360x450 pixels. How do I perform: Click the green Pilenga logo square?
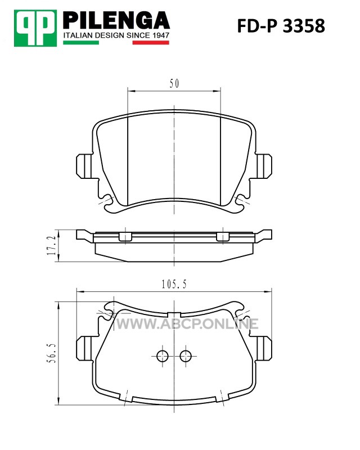[x=35, y=28]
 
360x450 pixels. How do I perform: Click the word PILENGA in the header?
[x=116, y=20]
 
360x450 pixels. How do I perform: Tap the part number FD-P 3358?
[x=281, y=26]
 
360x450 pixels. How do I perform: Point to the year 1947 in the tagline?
[x=160, y=35]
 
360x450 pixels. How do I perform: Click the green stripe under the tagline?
[x=81, y=43]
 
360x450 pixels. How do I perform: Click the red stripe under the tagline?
[x=151, y=43]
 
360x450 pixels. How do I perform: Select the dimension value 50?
[x=174, y=83]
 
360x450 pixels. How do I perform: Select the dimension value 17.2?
[x=52, y=246]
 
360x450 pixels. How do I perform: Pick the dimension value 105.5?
[x=174, y=284]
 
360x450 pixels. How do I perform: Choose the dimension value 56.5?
[x=52, y=353]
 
